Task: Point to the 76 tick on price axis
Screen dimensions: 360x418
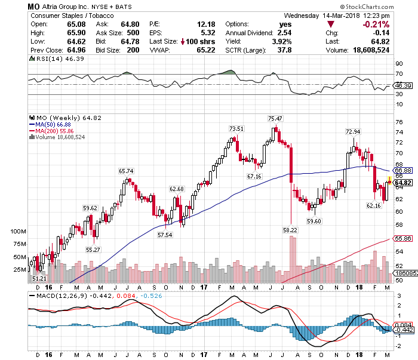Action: pos(398,122)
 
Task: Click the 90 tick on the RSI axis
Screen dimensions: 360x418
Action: pos(398,63)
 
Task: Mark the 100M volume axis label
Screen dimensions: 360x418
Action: pos(20,231)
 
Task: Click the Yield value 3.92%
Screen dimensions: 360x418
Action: pos(282,41)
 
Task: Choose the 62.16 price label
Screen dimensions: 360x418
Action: pos(373,206)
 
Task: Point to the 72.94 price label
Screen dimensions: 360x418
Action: pos(353,131)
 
